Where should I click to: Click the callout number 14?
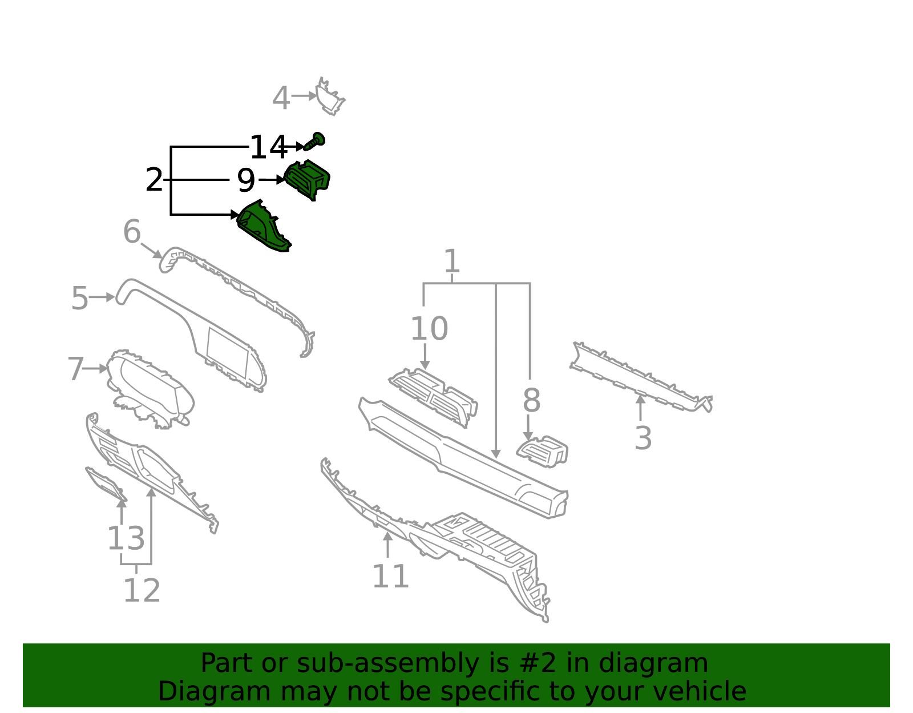coord(268,148)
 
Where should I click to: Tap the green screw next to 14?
coord(316,139)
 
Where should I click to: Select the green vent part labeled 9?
coord(308,179)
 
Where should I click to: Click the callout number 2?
coord(154,180)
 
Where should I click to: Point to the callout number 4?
coord(281,99)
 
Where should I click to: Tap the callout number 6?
coord(132,232)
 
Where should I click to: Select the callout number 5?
coord(80,299)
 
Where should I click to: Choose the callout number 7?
coord(75,369)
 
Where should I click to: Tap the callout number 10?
coord(429,329)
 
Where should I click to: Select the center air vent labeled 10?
coord(434,394)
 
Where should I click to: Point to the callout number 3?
coord(643,438)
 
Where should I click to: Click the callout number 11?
coord(390,577)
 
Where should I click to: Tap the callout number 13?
coord(126,539)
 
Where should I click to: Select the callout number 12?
coord(142,591)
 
